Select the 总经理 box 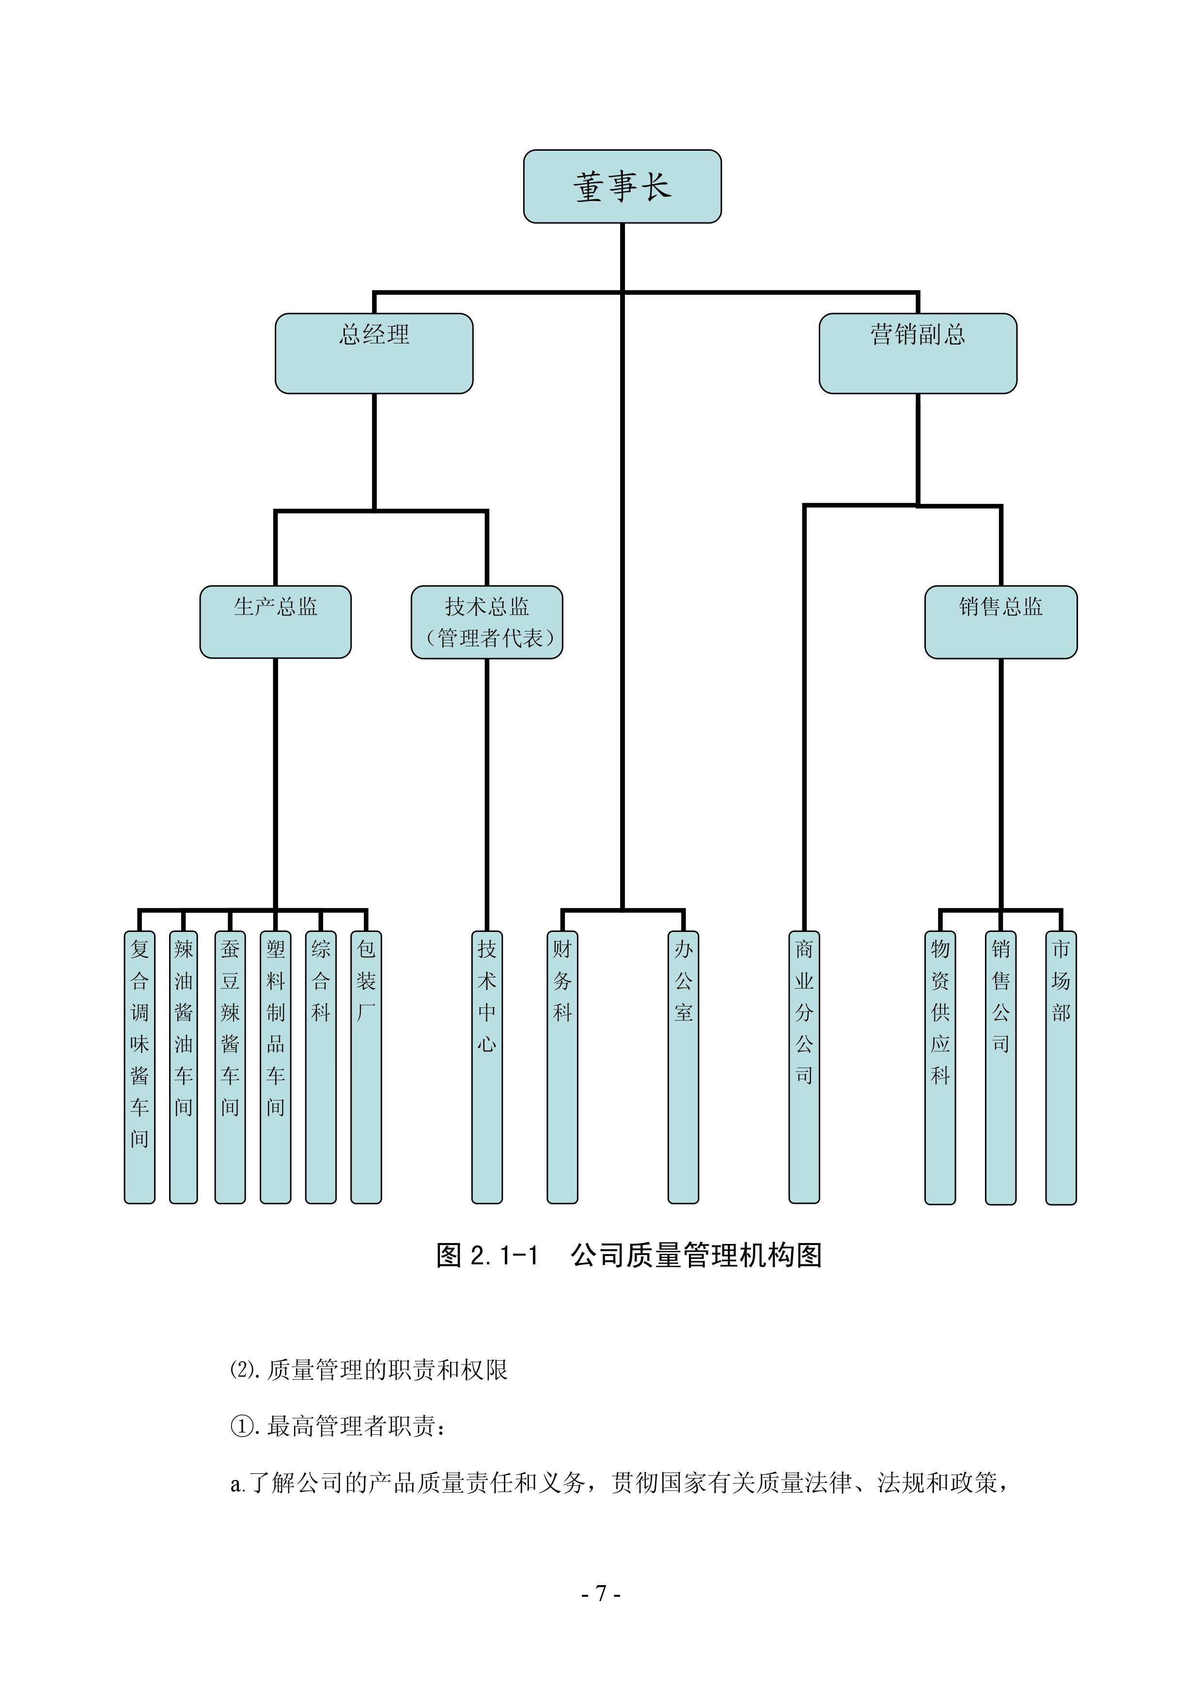374,353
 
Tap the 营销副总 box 917,353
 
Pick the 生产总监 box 275,622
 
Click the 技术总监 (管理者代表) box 487,622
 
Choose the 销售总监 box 1000,622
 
